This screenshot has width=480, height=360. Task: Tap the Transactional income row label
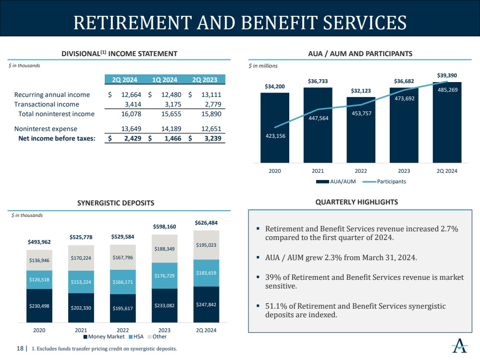click(47, 104)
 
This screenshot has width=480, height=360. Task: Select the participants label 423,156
click(274, 135)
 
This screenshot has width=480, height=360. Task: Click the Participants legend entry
click(391, 181)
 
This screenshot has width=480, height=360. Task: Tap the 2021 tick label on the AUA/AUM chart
click(318, 171)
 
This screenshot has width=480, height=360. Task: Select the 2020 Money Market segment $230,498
click(39, 305)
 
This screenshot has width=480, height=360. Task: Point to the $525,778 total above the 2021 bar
click(81, 237)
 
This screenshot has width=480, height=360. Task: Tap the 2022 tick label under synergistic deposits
click(123, 330)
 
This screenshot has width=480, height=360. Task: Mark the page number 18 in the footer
click(20, 348)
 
